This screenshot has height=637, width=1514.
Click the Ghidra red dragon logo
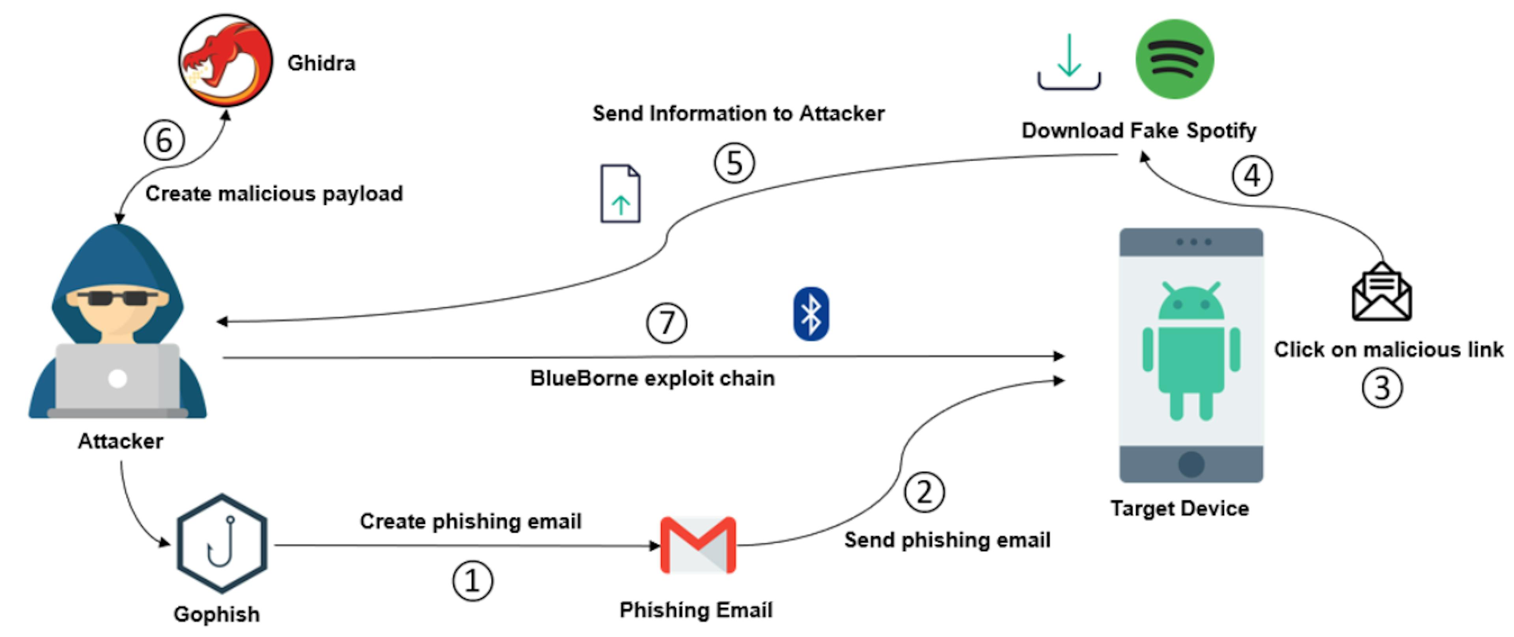click(225, 61)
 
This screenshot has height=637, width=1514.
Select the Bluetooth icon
click(811, 314)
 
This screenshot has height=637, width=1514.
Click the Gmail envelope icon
click(697, 545)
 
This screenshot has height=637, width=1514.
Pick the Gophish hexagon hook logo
click(222, 544)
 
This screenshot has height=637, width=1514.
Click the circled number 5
click(734, 163)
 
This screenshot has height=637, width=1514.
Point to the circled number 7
click(666, 322)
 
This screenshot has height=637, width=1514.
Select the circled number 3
click(1382, 388)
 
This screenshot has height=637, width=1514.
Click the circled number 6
click(164, 140)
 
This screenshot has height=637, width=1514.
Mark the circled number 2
click(924, 492)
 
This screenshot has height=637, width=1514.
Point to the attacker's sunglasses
click(117, 297)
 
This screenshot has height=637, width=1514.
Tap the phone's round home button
click(1191, 464)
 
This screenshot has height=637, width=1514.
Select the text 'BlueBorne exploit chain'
click(653, 378)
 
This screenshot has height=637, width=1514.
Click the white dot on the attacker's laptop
click(117, 378)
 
